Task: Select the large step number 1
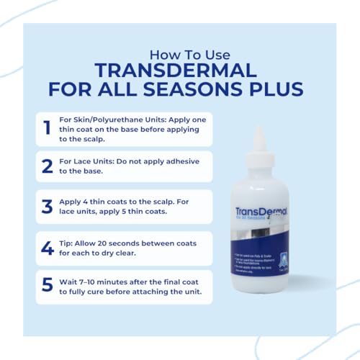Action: [x=47, y=128]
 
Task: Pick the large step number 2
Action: [x=48, y=166]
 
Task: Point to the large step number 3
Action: [x=48, y=207]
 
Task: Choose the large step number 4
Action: [x=48, y=248]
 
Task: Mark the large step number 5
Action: [x=48, y=285]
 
